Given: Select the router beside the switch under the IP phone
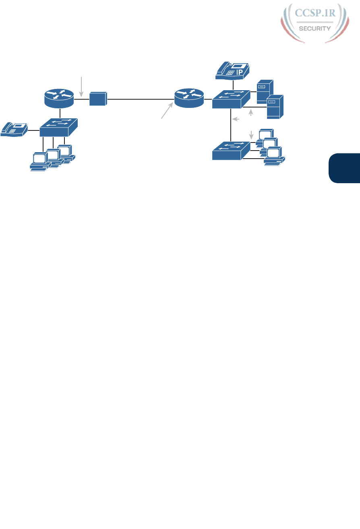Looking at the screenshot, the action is point(189,98).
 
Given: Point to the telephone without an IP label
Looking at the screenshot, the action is point(14,129).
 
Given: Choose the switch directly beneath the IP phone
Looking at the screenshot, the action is point(230,99).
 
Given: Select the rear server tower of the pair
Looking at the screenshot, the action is point(265,91).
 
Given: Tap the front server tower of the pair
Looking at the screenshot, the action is point(275,107).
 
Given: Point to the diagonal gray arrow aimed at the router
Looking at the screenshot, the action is point(168,111).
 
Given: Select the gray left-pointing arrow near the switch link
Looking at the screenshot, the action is point(237,119).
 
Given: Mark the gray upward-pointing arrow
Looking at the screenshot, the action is point(252,114).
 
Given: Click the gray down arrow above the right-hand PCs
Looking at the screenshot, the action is point(252,134).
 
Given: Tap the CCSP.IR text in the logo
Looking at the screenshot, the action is point(315,13).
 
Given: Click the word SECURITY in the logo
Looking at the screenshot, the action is point(315,28).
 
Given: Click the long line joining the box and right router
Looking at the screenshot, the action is point(141,98).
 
